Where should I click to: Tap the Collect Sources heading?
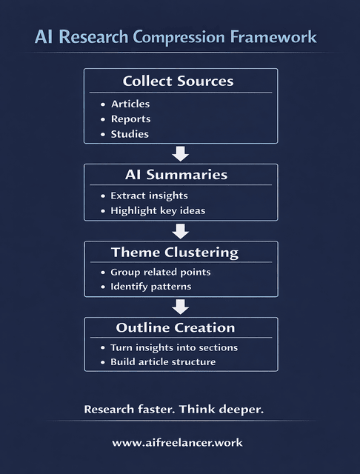click(178, 81)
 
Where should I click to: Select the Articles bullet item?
click(130, 104)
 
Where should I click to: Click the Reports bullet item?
click(130, 119)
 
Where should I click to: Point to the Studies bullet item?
click(130, 134)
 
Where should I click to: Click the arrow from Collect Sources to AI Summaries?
click(180, 153)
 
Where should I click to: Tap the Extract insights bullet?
click(149, 196)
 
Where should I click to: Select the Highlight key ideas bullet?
click(157, 211)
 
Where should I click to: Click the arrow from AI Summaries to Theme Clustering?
click(180, 230)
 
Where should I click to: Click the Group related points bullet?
click(160, 272)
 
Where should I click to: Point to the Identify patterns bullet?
click(150, 287)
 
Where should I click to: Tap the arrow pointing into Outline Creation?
click(180, 307)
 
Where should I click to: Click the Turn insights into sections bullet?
click(174, 347)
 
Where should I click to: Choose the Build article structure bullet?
click(163, 362)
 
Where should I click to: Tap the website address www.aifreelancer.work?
click(177, 442)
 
